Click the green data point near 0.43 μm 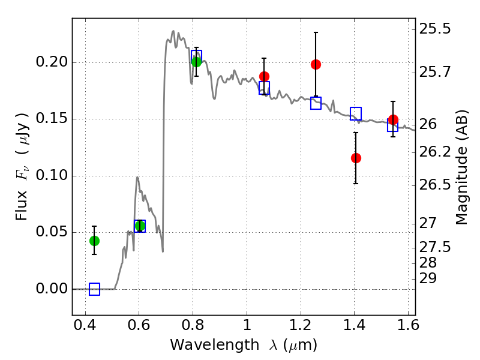pyautogui.click(x=95, y=241)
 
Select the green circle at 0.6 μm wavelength pyautogui.click(x=140, y=226)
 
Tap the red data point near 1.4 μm pyautogui.click(x=356, y=158)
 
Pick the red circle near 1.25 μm pyautogui.click(x=316, y=65)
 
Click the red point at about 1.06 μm pyautogui.click(x=264, y=77)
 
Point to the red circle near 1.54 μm pyautogui.click(x=394, y=119)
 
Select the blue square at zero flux pyautogui.click(x=95, y=289)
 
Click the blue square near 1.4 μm pyautogui.click(x=356, y=113)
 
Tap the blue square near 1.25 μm pyautogui.click(x=316, y=103)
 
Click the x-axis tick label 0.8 pyautogui.click(x=193, y=325)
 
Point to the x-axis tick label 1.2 pyautogui.click(x=301, y=325)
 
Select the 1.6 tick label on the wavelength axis pyautogui.click(x=408, y=325)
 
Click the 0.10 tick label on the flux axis pyautogui.click(x=52, y=176)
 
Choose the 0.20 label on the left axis pyautogui.click(x=52, y=62)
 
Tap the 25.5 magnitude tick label pyautogui.click(x=435, y=29)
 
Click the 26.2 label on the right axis pyautogui.click(x=435, y=152)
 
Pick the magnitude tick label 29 pyautogui.click(x=428, y=279)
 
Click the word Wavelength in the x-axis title pyautogui.click(x=215, y=345)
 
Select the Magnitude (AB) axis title pyautogui.click(x=461, y=167)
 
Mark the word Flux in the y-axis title pyautogui.click(x=22, y=206)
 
